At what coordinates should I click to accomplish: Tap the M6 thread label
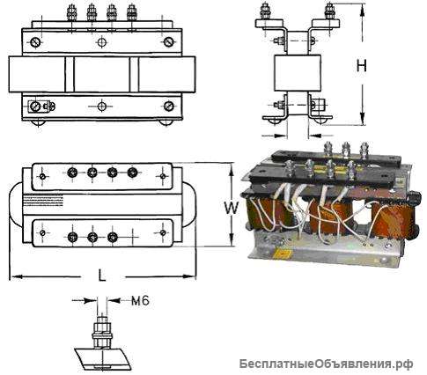139,300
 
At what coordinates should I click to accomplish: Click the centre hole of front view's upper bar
102,42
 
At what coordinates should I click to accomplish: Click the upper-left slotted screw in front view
35,42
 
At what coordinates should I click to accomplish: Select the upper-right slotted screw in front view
167,42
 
